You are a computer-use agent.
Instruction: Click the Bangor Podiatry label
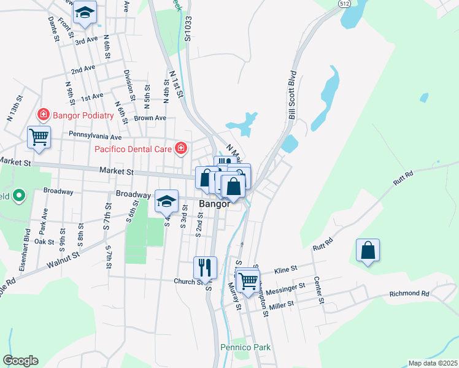[x=83, y=115]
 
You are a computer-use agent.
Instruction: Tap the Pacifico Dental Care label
[x=134, y=148]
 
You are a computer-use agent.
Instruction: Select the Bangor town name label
[x=214, y=204]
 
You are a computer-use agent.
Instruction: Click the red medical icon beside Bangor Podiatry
[x=43, y=114]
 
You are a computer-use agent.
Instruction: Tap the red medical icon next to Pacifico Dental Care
[x=181, y=148]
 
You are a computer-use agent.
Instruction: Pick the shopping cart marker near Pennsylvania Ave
[x=39, y=137]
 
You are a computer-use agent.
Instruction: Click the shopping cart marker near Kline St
[x=248, y=281]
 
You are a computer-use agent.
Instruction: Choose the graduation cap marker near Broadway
[x=166, y=201]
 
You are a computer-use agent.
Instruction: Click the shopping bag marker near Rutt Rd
[x=368, y=250]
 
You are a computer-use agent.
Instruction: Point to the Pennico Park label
[x=245, y=347]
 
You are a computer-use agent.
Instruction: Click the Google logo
[x=20, y=361]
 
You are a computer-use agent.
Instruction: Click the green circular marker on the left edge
[x=18, y=196]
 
